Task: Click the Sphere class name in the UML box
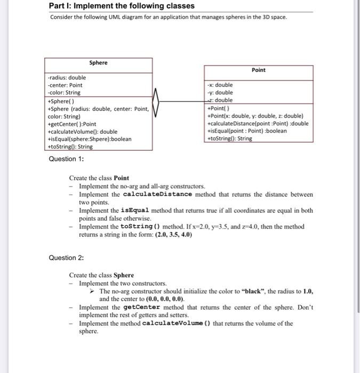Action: (98, 63)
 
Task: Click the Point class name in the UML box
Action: (258, 70)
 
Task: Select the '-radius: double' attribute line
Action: (67, 78)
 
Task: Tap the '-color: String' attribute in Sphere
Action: (64, 93)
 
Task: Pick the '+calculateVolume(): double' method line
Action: (83, 132)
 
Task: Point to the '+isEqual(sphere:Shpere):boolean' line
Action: (90, 139)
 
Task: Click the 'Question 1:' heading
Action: (66, 159)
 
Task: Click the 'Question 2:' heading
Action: (66, 258)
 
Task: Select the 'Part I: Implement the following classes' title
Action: (122, 6)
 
